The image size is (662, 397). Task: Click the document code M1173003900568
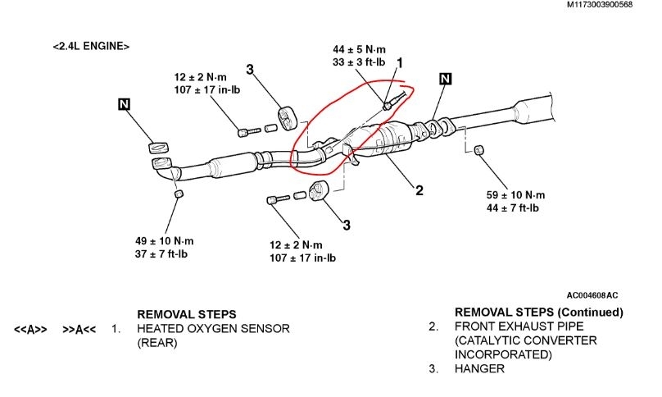coord(610,6)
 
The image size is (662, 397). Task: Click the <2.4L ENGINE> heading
coord(91,47)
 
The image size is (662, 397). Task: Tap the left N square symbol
coord(124,104)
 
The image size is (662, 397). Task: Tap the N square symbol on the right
coord(445,79)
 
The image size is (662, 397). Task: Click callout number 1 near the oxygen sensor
coord(401,63)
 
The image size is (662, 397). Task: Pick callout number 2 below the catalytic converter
coord(419,190)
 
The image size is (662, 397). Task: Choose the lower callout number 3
coord(347,224)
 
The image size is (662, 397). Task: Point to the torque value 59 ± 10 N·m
coord(515,195)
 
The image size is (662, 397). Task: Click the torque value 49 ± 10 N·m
coord(165,241)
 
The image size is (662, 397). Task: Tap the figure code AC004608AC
coord(593,295)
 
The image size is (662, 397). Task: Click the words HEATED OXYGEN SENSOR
coord(213,329)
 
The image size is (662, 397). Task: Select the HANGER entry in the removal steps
coord(479,369)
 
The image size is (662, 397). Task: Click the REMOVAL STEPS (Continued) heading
coord(538,313)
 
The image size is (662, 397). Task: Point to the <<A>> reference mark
coord(30,330)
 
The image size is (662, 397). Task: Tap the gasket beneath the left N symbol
coord(159,148)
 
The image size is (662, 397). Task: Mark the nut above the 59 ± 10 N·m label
coord(480,150)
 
